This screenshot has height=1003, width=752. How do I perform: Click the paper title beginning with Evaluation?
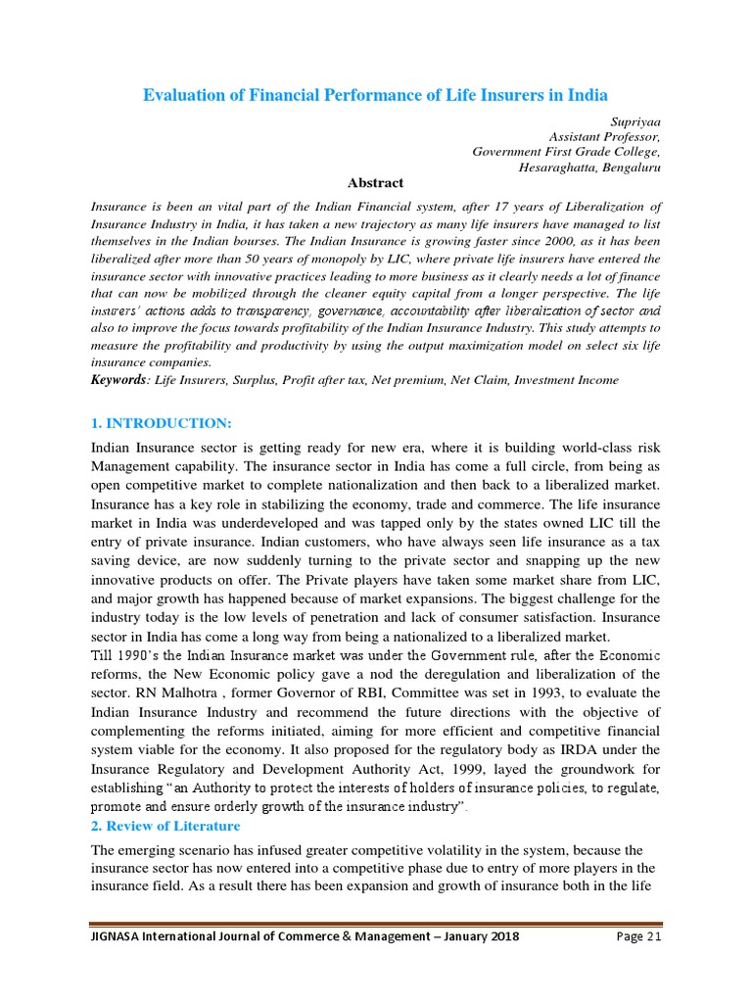click(376, 95)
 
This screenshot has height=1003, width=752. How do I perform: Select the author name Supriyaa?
click(635, 120)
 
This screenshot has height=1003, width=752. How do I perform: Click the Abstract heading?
click(376, 183)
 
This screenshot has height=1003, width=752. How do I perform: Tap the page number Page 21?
click(638, 935)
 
